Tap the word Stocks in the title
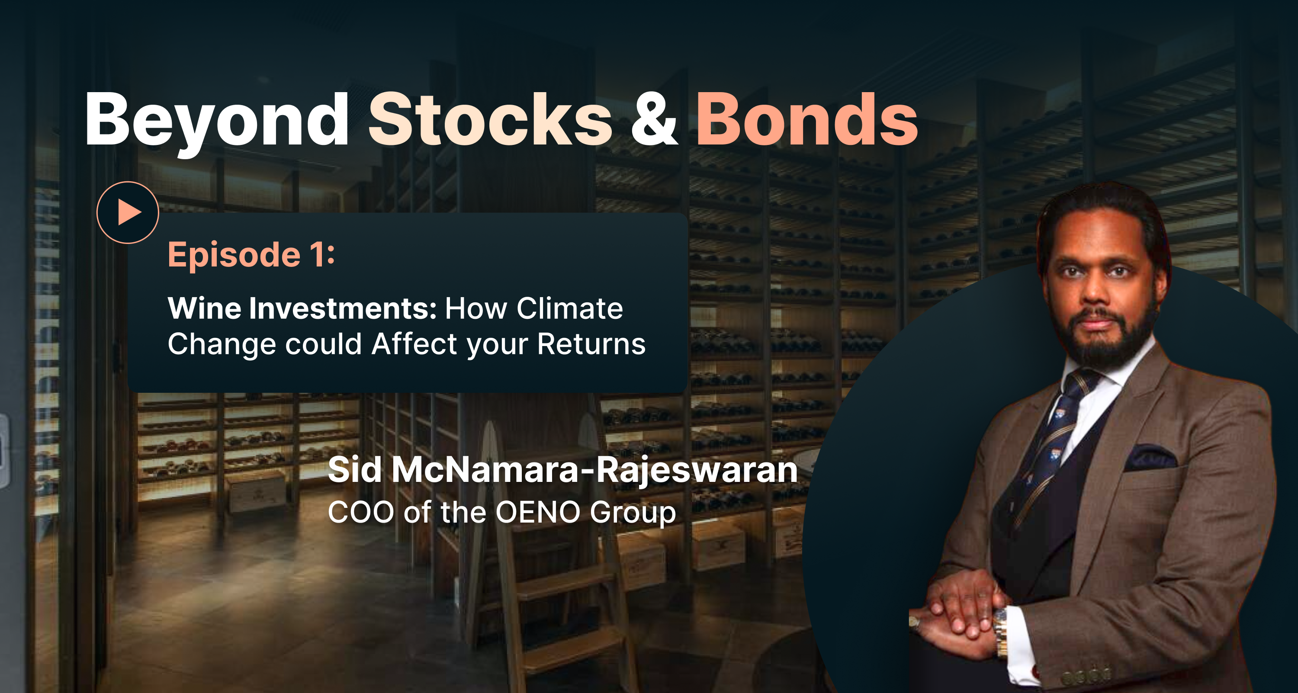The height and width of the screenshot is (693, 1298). pyautogui.click(x=490, y=119)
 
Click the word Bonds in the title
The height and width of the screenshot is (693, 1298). pyautogui.click(x=807, y=119)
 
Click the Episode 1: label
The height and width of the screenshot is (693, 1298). pyautogui.click(x=251, y=255)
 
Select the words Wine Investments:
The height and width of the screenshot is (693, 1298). pyautogui.click(x=302, y=308)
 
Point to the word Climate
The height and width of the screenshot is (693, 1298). pyautogui.click(x=570, y=308)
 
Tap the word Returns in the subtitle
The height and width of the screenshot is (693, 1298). pyautogui.click(x=591, y=344)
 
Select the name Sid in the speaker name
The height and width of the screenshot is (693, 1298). pyautogui.click(x=355, y=470)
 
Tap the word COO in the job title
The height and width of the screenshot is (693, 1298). pyautogui.click(x=361, y=512)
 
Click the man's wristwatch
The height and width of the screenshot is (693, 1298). pyautogui.click(x=1000, y=632)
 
